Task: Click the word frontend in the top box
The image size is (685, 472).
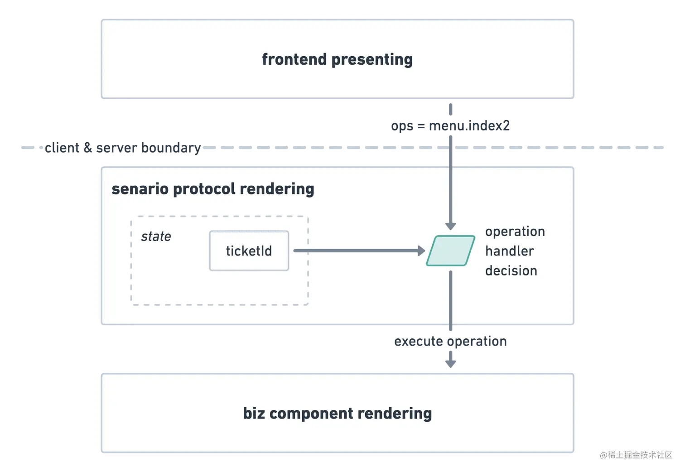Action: coord(294,59)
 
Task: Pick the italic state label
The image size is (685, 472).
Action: coord(156,236)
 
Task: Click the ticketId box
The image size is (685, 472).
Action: coord(249,251)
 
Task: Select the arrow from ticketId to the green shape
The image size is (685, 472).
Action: coord(358,250)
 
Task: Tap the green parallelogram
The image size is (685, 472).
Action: coord(450,250)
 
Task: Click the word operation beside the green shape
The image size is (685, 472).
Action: coord(515,232)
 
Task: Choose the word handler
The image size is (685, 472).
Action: coord(509,251)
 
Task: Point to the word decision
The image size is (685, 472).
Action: coord(511,271)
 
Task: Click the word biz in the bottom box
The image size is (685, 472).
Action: coord(254,413)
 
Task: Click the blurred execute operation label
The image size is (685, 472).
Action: coord(449,342)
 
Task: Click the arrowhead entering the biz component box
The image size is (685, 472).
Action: coord(451,362)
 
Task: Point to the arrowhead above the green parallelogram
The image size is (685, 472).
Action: coord(450,226)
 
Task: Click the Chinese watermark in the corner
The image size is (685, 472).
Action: coord(636,454)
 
